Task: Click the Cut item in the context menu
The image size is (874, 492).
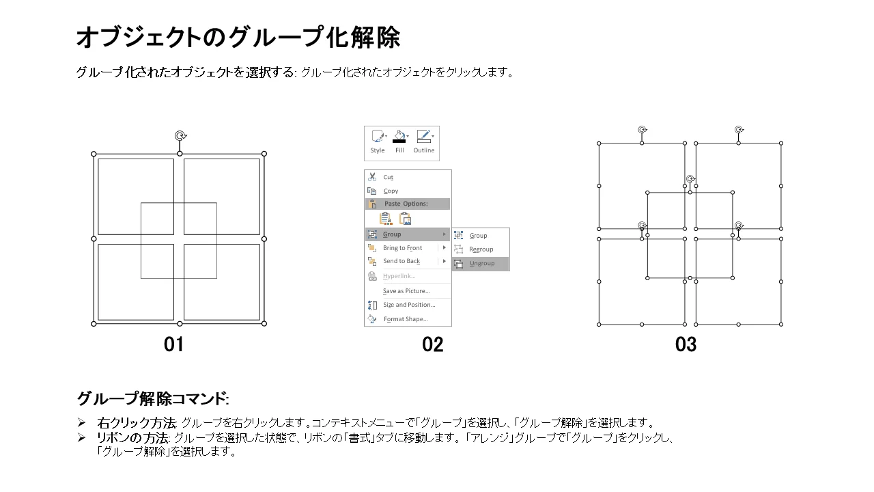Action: click(388, 177)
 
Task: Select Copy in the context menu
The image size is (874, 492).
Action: click(391, 191)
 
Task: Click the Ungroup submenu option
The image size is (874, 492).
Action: click(481, 264)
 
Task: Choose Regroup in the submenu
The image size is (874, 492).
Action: click(481, 249)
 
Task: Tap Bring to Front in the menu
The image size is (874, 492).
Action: click(402, 248)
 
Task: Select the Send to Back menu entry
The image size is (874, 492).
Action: click(401, 261)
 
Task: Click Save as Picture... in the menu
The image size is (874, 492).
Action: click(406, 291)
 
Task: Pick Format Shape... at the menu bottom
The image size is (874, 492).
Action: click(406, 319)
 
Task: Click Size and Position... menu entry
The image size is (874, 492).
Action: click(409, 305)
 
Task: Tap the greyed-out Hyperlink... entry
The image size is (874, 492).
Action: click(399, 276)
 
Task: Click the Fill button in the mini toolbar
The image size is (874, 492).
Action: click(399, 141)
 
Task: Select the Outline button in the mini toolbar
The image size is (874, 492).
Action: click(424, 141)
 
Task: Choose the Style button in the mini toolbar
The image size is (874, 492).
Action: click(378, 141)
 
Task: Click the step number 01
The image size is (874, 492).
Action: click(173, 344)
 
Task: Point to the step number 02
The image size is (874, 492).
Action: click(432, 344)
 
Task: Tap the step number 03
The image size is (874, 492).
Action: click(686, 344)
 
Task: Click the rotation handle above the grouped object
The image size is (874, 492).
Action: click(180, 135)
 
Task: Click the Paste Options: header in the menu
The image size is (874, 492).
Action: click(406, 204)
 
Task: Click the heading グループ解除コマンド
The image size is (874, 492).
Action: click(152, 398)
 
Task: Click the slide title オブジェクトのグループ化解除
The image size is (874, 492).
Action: click(238, 38)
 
